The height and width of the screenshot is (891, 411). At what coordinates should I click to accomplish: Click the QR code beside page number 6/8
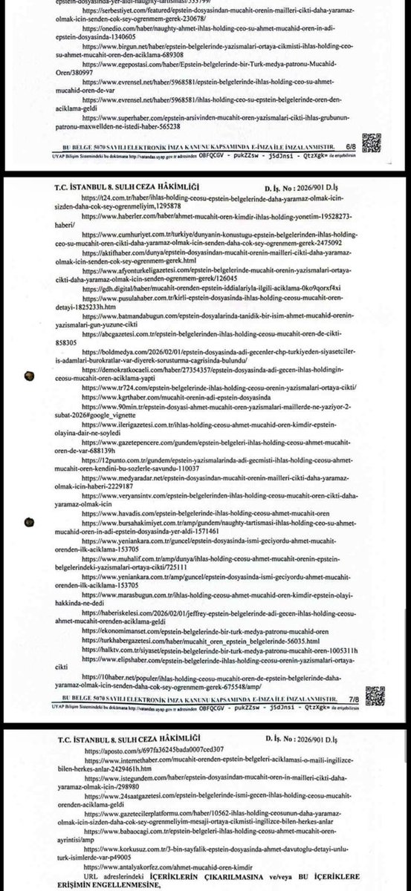tap(372, 142)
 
